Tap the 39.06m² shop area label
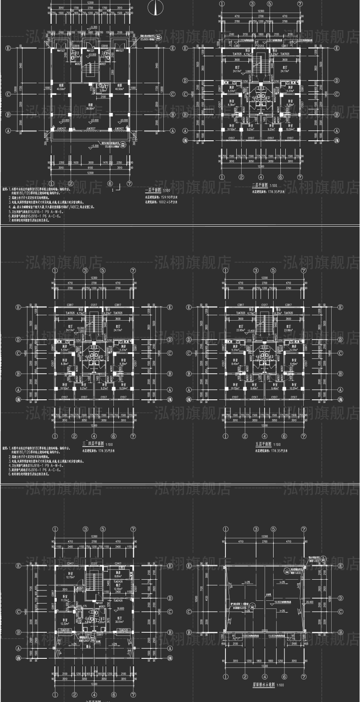[x=90, y=108]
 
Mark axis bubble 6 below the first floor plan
[x=110, y=183]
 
